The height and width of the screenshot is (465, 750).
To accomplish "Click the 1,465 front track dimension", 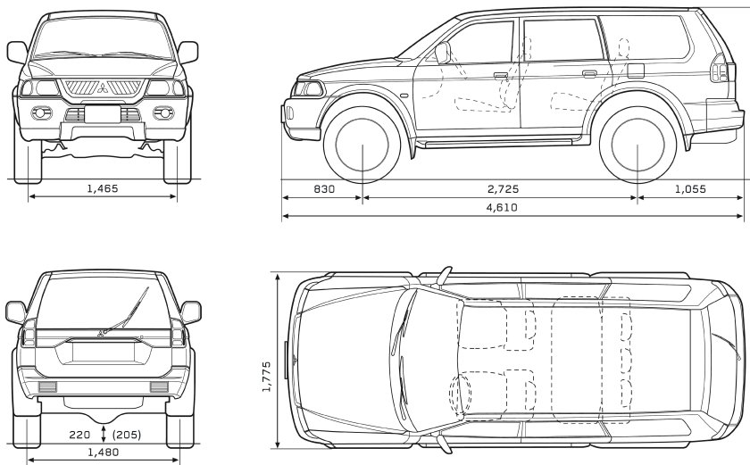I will coord(103,188).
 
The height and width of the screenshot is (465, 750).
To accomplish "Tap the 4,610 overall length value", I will coord(502,207).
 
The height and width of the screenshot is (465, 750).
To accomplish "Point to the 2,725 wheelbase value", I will coord(502,188).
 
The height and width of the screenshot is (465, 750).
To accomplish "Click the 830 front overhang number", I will coord(324,188).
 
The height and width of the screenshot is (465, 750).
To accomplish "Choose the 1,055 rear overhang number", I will coord(689,188).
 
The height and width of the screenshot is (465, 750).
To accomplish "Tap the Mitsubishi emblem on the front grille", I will coord(103,87).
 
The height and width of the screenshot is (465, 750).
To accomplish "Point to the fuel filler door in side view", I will coord(636,70).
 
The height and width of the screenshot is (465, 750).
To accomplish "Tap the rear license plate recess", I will coord(103,350).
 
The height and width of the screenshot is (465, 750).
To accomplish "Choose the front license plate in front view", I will coord(103,114).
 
